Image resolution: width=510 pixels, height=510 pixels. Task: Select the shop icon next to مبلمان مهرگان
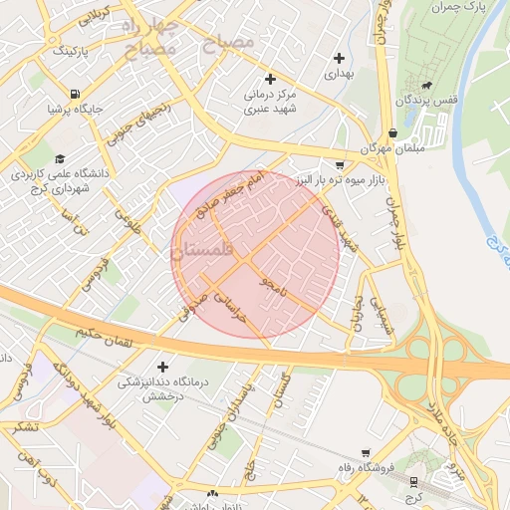(393, 131)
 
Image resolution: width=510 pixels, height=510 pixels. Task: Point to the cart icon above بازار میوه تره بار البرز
(340, 164)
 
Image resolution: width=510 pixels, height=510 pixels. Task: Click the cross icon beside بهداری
(341, 59)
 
